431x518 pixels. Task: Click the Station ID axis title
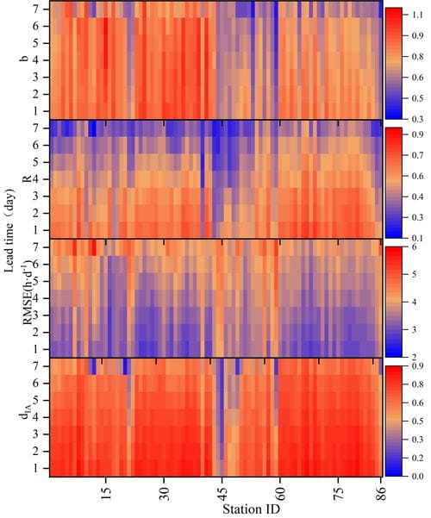tap(251, 509)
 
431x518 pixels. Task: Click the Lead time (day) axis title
tap(9, 231)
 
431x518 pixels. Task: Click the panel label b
tap(25, 59)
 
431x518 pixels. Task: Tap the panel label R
tap(27, 178)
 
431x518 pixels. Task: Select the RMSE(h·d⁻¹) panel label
tap(28, 292)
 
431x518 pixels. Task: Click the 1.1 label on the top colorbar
tap(417, 15)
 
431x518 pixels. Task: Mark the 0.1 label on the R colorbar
tap(417, 238)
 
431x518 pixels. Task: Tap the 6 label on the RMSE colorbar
tap(414, 247)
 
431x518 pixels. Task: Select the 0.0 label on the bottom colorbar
tap(417, 476)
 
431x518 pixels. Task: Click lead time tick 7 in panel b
tap(37, 9)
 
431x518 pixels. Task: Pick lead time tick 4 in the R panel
tap(37, 179)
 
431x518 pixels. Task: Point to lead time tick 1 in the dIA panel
tap(37, 468)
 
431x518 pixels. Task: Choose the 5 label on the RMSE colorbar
tap(414, 275)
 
